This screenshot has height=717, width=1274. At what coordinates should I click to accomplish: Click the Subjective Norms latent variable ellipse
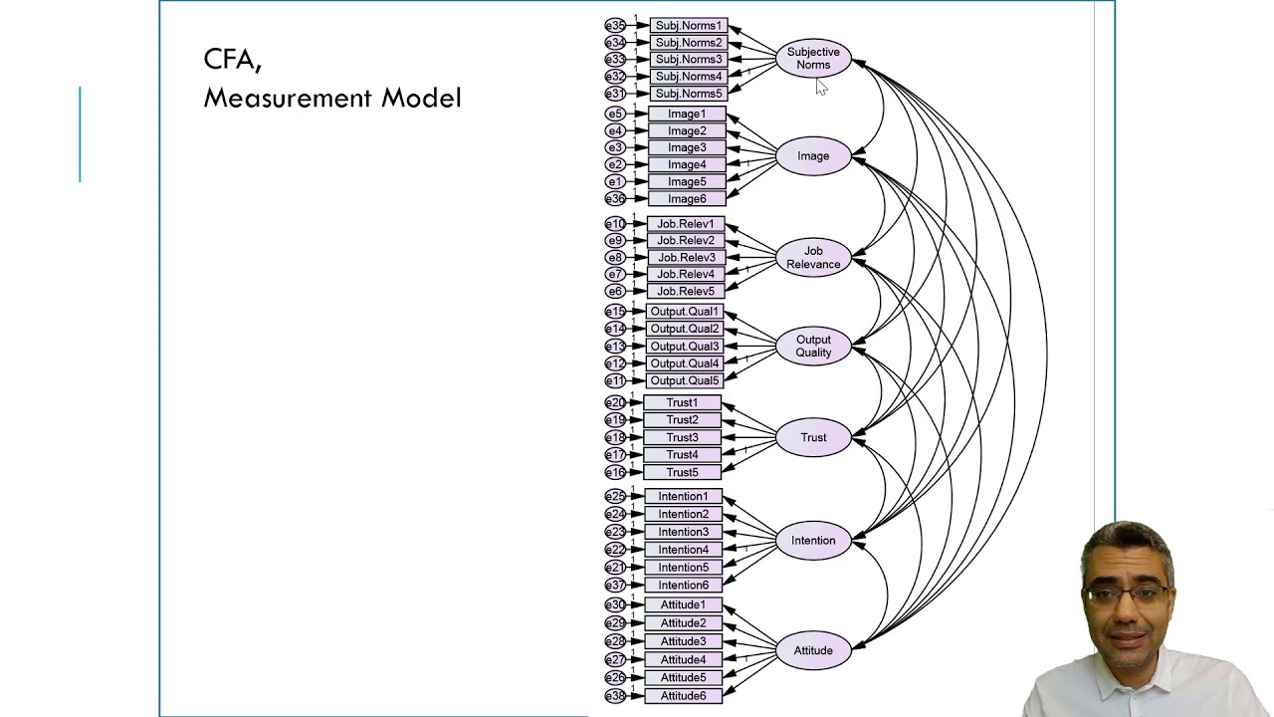point(813,59)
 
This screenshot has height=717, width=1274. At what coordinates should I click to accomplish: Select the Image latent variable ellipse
point(813,156)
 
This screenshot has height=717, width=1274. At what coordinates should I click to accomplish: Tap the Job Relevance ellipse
point(813,258)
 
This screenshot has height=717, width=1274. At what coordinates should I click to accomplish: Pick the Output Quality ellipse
point(813,347)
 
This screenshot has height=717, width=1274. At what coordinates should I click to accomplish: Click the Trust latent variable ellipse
point(813,438)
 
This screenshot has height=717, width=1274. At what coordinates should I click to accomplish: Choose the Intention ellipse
point(813,541)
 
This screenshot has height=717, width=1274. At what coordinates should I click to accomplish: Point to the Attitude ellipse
point(813,651)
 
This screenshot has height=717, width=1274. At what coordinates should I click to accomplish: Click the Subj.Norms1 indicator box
point(688,26)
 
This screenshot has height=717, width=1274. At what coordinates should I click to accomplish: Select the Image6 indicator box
point(687,199)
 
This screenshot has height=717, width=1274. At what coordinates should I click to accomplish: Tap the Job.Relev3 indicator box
point(686,258)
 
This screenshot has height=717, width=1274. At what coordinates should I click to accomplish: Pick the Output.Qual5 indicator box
point(684,380)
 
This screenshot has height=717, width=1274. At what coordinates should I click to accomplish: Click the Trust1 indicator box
point(682,403)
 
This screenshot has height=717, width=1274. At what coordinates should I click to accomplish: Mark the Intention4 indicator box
point(683,550)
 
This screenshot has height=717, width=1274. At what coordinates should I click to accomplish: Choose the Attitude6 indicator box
point(683,696)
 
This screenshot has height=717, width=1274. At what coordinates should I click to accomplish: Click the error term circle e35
point(615,26)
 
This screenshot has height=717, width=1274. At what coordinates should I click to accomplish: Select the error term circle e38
point(615,696)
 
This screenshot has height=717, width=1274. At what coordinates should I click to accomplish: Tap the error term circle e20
point(615,403)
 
